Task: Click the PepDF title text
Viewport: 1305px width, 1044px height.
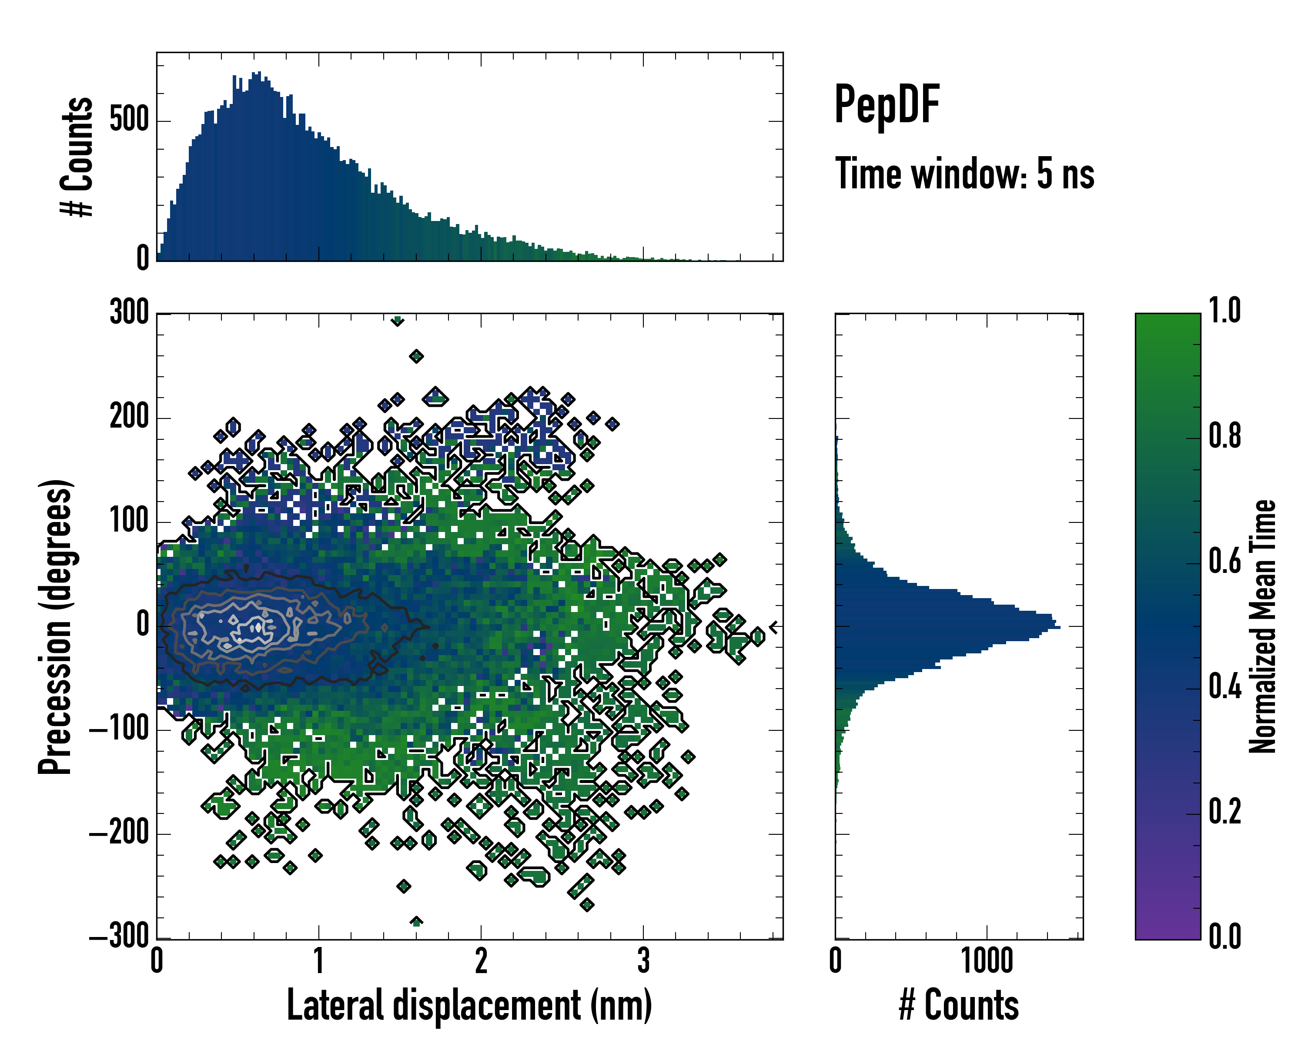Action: (x=886, y=105)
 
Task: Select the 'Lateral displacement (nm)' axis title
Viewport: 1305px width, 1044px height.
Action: (x=469, y=1005)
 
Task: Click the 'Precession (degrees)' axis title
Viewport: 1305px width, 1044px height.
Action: (x=56, y=626)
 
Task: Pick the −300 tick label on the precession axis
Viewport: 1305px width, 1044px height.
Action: (x=119, y=937)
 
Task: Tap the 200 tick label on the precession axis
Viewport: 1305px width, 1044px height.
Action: (x=129, y=418)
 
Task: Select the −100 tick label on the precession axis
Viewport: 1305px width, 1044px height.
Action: (x=119, y=729)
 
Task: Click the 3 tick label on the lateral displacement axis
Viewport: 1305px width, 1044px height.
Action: (x=643, y=960)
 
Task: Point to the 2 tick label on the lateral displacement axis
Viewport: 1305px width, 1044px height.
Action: (x=481, y=960)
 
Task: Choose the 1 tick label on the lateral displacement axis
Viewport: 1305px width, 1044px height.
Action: (x=319, y=960)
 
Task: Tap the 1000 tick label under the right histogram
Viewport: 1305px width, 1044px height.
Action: (x=987, y=960)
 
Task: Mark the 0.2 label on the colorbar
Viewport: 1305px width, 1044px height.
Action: (x=1225, y=812)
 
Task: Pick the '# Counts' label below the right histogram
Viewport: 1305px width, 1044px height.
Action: (x=959, y=1005)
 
